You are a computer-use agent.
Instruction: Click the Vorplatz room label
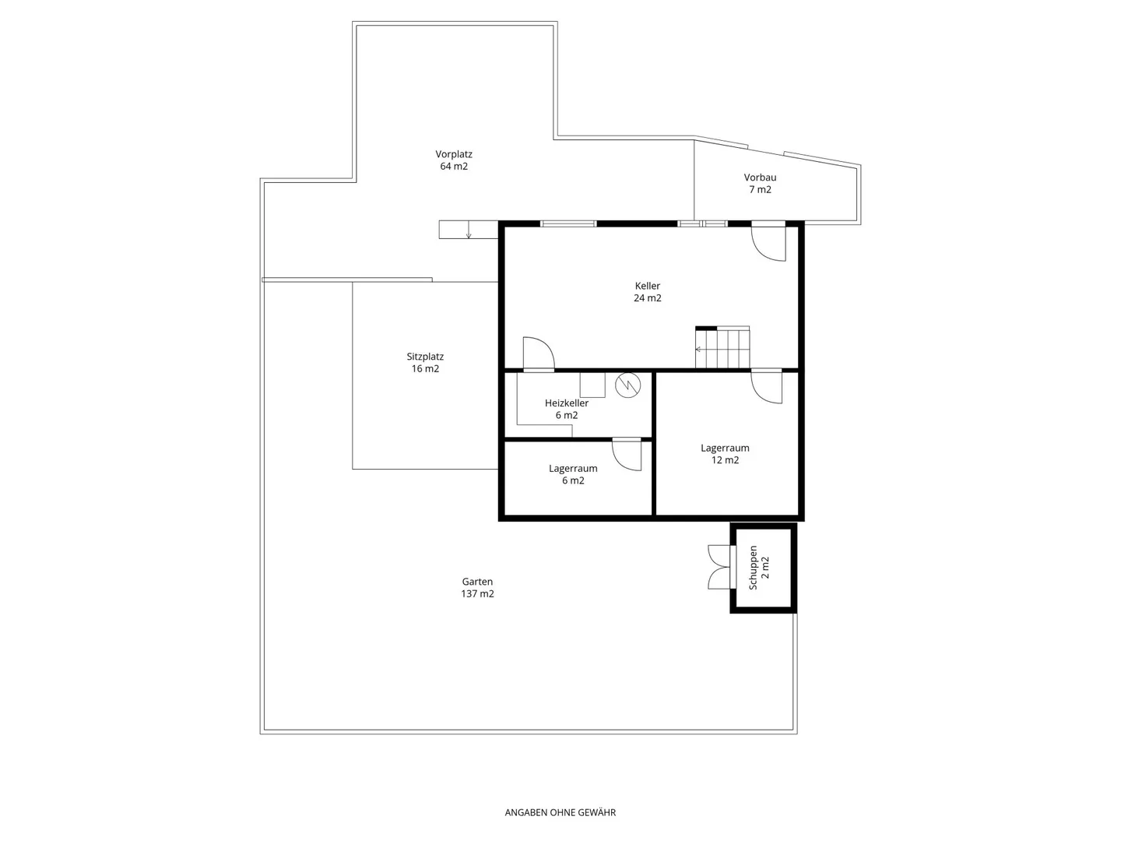point(454,160)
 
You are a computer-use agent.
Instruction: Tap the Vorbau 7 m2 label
point(760,183)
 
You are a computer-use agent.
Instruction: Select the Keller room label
point(648,291)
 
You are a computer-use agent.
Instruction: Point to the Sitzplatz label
point(425,362)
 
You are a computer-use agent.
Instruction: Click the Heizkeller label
point(567,409)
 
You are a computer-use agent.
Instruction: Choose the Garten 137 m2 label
point(477,587)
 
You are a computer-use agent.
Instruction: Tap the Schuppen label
point(759,568)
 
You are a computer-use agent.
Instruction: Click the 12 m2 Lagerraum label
point(725,453)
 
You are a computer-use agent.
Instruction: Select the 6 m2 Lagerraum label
point(573,474)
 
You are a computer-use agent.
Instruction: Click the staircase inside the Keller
point(722,347)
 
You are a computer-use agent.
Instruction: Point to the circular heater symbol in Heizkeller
point(627,385)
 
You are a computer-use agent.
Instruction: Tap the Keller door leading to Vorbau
point(768,241)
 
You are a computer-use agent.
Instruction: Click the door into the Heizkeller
point(538,354)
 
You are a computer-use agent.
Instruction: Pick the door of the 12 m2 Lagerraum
point(766,386)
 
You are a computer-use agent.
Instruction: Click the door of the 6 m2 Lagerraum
point(627,454)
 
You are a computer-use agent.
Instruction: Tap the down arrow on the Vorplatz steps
point(469,230)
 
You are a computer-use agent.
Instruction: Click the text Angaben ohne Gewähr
point(560,812)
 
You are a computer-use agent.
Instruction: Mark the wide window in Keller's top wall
point(568,223)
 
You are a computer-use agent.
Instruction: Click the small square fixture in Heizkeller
point(592,385)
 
